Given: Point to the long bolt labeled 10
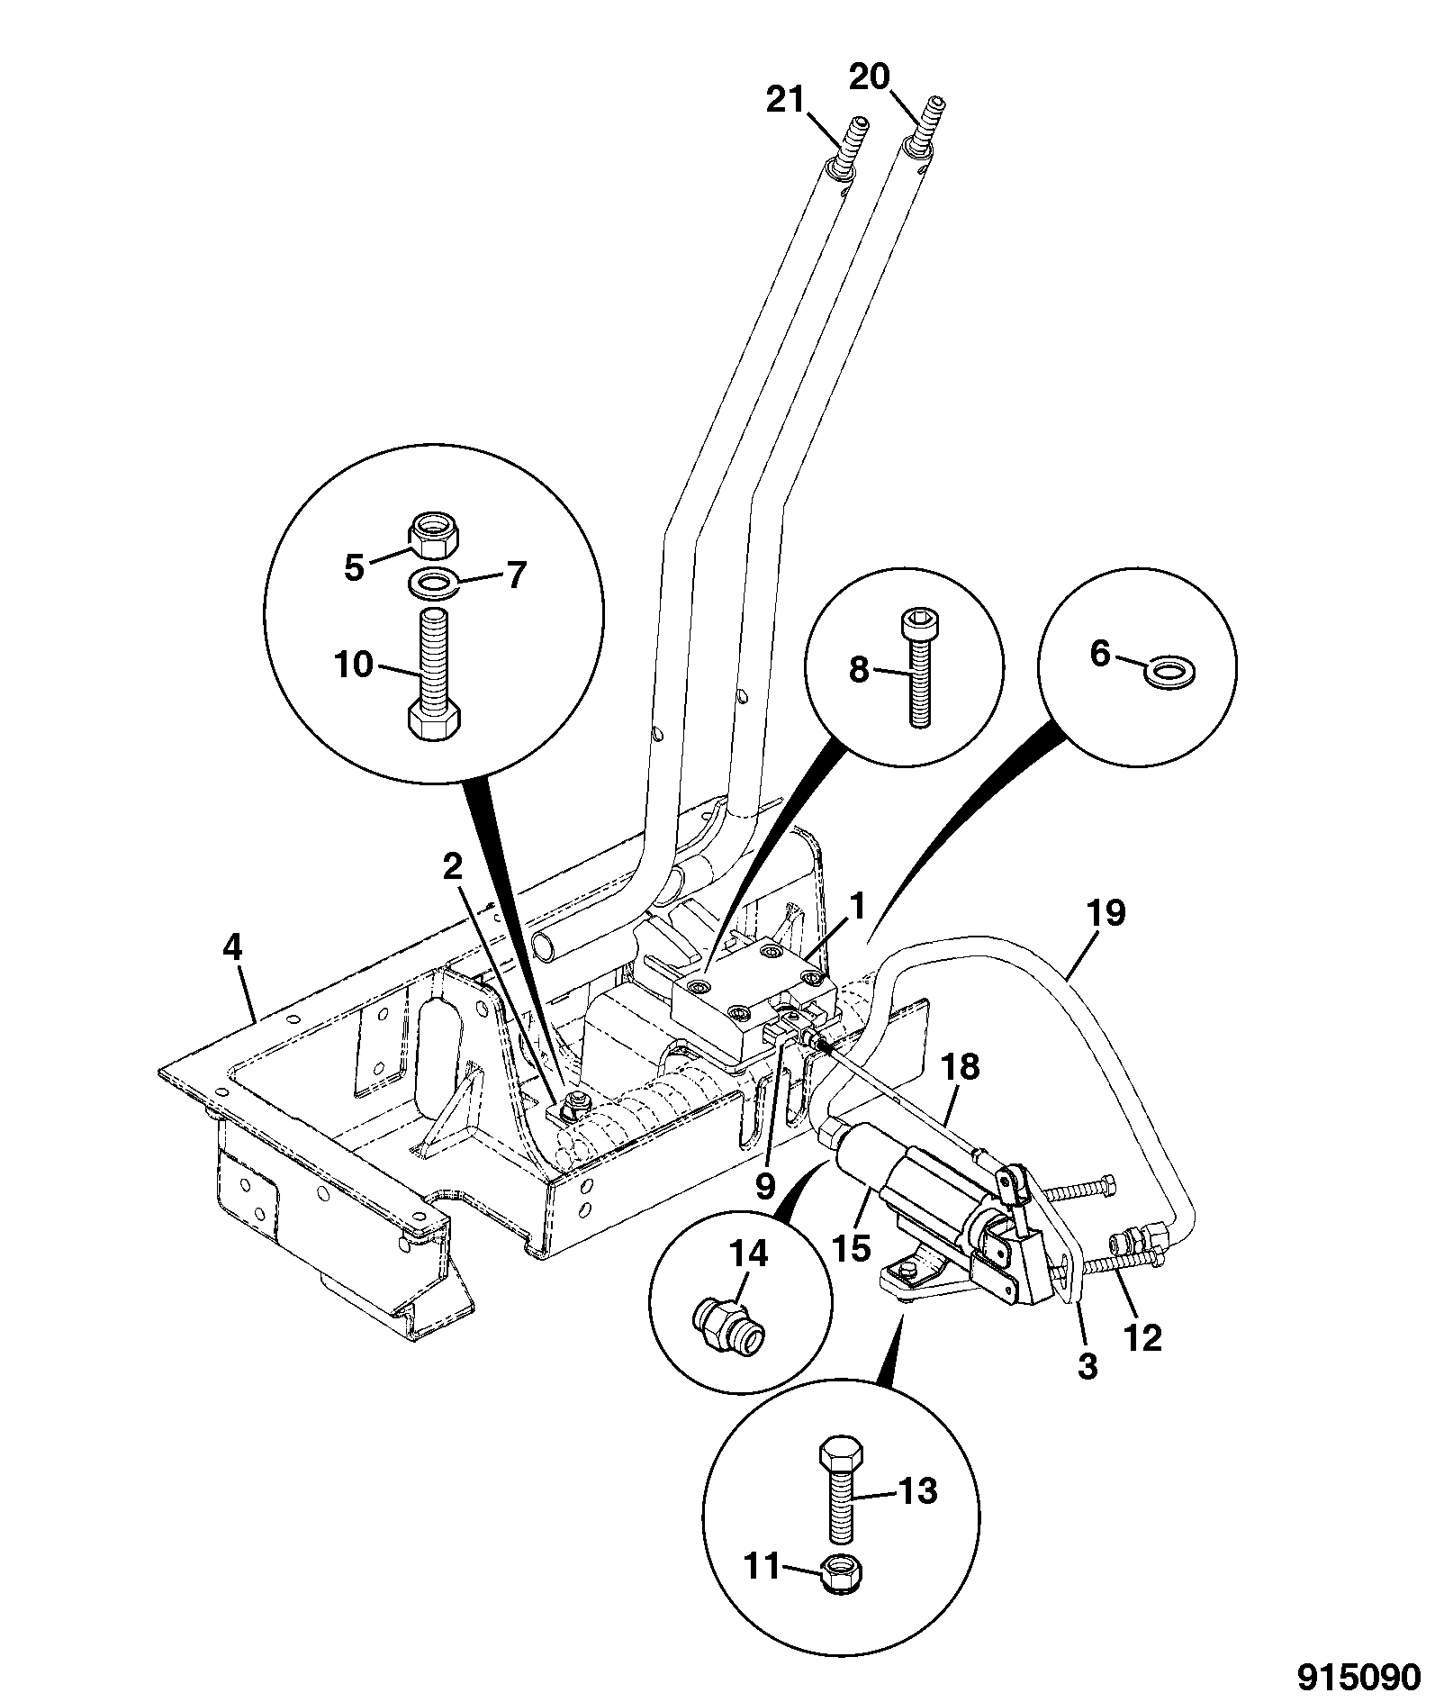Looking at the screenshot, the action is pyautogui.click(x=437, y=674).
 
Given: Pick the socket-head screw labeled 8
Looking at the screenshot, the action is pyautogui.click(x=915, y=668).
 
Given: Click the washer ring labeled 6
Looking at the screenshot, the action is pyautogui.click(x=1169, y=671).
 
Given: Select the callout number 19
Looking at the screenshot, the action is pyautogui.click(x=1106, y=913).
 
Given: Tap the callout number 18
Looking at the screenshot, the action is pyautogui.click(x=961, y=1068).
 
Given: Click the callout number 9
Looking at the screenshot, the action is pyautogui.click(x=764, y=1186).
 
